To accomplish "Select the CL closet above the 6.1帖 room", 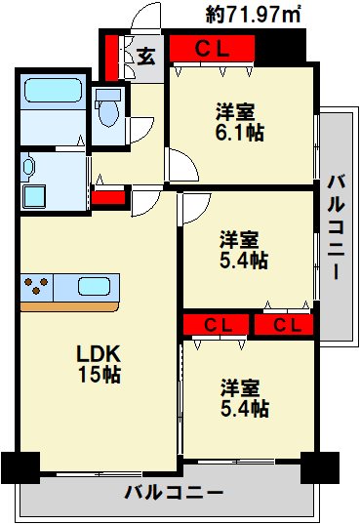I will coord(211,48).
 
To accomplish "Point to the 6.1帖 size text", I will coord(240,132).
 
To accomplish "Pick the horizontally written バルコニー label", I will coord(174,493).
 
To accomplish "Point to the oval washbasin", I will coord(29,167).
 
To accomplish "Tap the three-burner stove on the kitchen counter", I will coord(37,287).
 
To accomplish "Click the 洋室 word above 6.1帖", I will coord(237,110).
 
